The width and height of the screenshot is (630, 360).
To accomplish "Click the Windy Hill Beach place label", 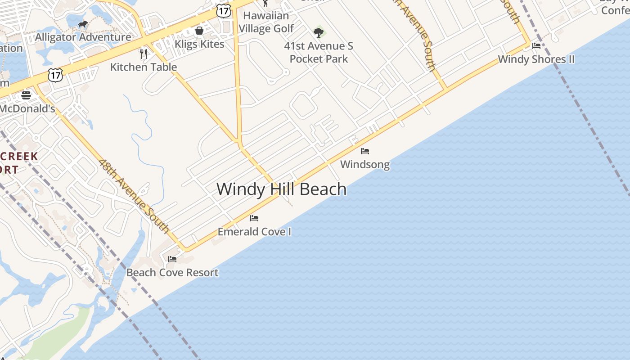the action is pyautogui.click(x=282, y=189).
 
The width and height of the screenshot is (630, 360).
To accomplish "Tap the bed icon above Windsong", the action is pyautogui.click(x=365, y=151).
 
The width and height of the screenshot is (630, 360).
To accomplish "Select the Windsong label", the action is pyautogui.click(x=365, y=164).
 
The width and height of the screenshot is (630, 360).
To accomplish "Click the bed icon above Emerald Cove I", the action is pyautogui.click(x=254, y=218).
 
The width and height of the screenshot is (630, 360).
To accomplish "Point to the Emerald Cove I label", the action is pyautogui.click(x=254, y=232).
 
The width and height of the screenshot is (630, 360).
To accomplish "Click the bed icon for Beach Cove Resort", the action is pyautogui.click(x=172, y=259).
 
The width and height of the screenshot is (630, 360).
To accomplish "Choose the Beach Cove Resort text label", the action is pyautogui.click(x=172, y=272).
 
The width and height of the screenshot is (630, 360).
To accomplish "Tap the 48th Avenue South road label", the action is pyautogui.click(x=134, y=196).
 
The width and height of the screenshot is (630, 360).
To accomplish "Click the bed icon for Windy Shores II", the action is pyautogui.click(x=536, y=46).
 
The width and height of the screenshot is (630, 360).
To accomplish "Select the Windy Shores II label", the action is pyautogui.click(x=536, y=59).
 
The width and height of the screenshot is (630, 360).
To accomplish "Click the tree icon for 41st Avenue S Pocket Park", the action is pyautogui.click(x=319, y=32).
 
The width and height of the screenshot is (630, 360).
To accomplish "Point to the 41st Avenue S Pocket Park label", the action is pyautogui.click(x=319, y=52).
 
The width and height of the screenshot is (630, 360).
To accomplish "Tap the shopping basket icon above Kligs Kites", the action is pyautogui.click(x=199, y=31).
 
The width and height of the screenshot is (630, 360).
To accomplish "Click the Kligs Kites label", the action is pyautogui.click(x=199, y=44).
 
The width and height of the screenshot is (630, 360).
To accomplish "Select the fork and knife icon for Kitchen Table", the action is pyautogui.click(x=144, y=54).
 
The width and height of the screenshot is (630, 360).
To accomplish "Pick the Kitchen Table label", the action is pyautogui.click(x=144, y=67).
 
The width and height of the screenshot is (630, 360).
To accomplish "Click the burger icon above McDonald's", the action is pyautogui.click(x=26, y=95).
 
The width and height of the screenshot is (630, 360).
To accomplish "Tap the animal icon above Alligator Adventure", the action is pyautogui.click(x=83, y=24).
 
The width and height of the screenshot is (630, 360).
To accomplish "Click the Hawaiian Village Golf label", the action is pyautogui.click(x=266, y=22).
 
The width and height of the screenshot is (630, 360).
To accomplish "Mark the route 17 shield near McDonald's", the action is pyautogui.click(x=55, y=75).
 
